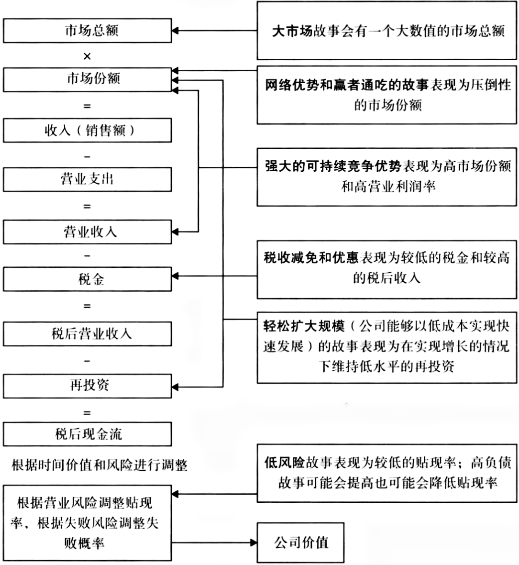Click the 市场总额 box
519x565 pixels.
pos(87,31)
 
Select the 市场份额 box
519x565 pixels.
pos(87,80)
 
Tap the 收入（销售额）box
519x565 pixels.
pos(87,131)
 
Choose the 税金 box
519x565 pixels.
pos(87,279)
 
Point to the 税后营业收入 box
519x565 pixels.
pos(87,333)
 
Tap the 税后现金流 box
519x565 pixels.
pos(87,434)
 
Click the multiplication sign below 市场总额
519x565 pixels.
pos(87,56)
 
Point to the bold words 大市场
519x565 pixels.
pos(291,32)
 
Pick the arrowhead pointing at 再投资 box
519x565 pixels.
pos(175,383)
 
